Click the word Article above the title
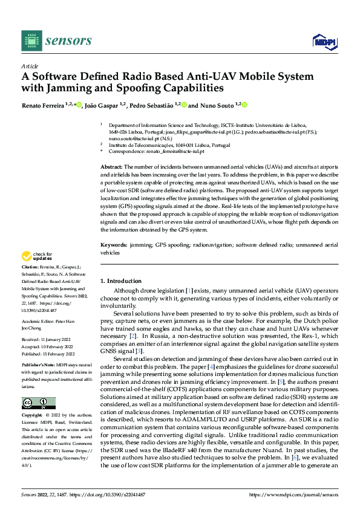[30, 66]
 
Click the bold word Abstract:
[112, 166]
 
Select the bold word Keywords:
[114, 245]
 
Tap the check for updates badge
[38, 257]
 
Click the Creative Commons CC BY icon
[38, 403]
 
